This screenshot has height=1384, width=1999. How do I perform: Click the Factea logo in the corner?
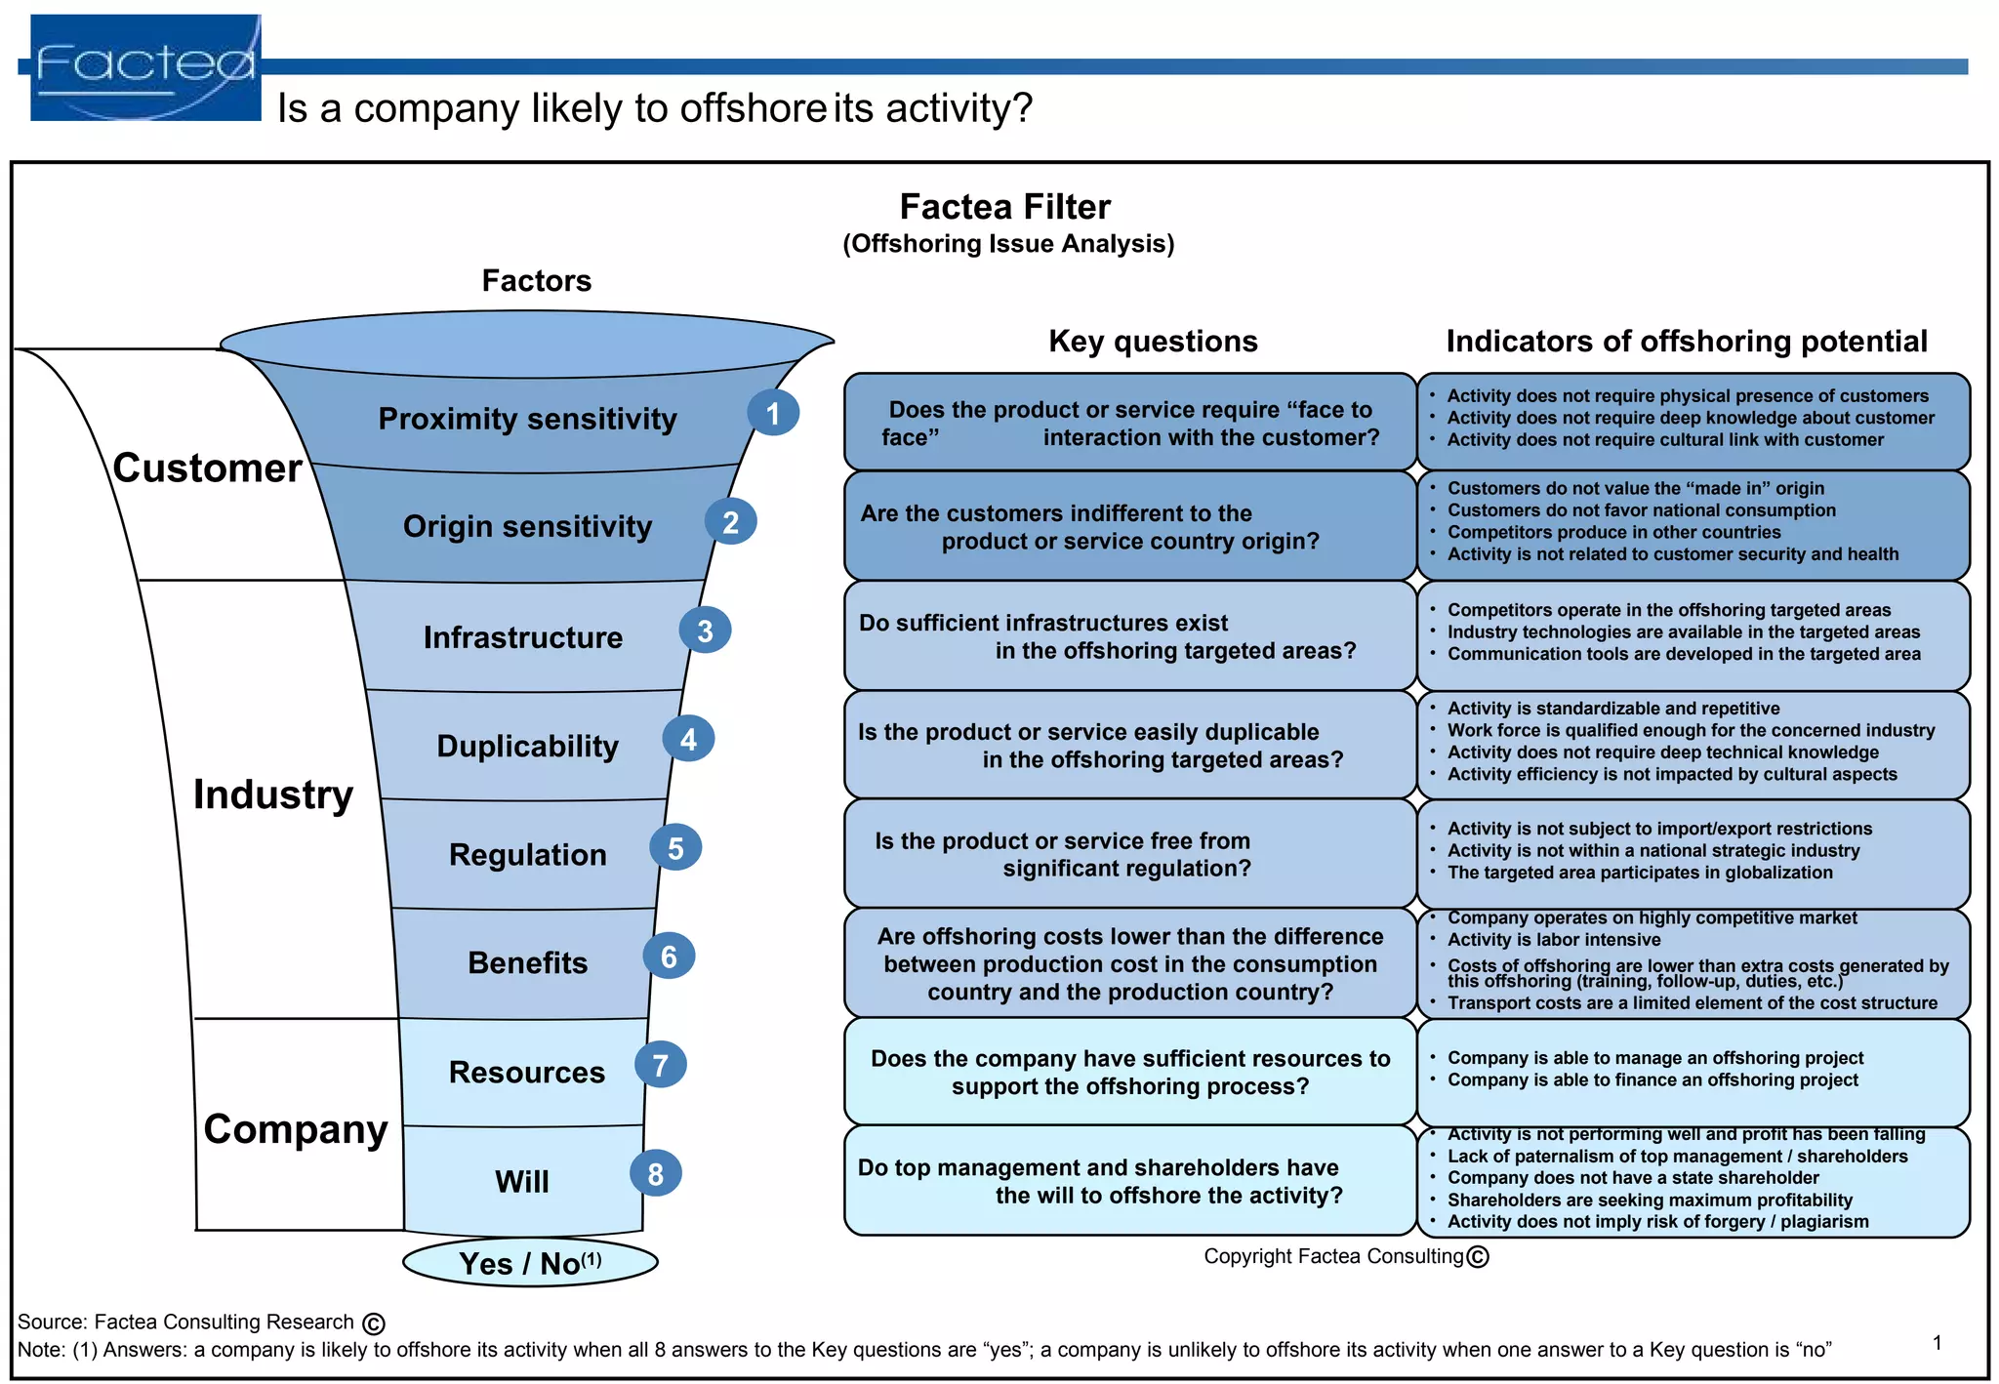(145, 67)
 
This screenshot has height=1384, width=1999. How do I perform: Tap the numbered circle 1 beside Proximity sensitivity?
(773, 413)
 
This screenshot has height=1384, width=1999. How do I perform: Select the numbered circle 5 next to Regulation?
(675, 848)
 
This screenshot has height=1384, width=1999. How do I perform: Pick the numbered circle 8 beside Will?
(655, 1173)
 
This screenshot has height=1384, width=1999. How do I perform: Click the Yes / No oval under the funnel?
(530, 1262)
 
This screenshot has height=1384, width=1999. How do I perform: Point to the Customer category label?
(207, 468)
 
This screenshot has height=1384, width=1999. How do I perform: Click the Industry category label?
(272, 794)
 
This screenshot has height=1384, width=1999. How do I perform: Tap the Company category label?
(295, 1128)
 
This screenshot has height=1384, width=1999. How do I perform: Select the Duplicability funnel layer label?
(527, 746)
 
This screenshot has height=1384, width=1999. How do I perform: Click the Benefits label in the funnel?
(527, 962)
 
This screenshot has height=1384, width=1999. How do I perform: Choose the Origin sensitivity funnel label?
(527, 526)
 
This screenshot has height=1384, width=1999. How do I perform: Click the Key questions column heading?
(1153, 341)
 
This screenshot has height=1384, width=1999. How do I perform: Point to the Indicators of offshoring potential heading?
(1686, 341)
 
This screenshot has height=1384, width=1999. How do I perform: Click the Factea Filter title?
(1004, 207)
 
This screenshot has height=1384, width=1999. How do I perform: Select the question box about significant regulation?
(1129, 854)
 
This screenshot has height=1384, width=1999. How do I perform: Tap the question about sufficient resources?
(1129, 1072)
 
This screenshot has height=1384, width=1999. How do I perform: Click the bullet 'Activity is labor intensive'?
(1553, 940)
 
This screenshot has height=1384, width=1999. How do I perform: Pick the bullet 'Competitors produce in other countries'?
(1613, 532)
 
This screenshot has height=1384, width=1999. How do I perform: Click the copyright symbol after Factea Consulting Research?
(374, 1323)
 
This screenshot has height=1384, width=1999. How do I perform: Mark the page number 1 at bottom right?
(1937, 1342)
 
